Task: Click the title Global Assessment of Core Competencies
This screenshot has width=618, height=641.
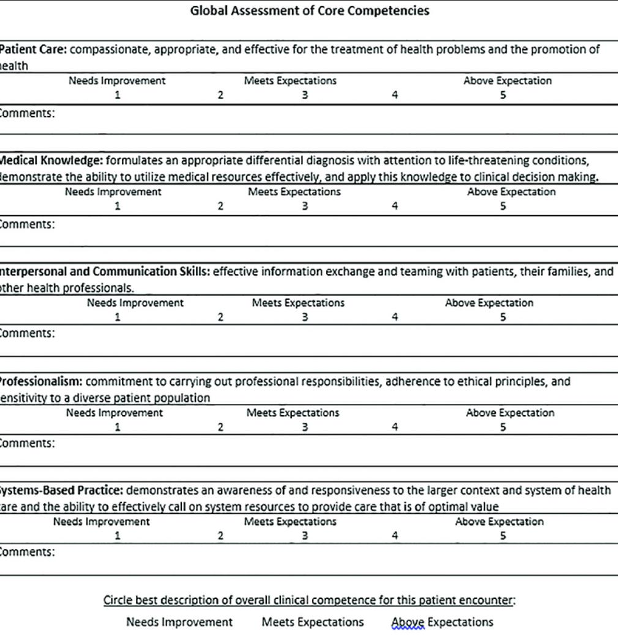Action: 309,11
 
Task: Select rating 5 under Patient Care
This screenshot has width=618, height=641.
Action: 503,95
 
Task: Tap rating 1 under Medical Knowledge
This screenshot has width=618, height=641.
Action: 118,206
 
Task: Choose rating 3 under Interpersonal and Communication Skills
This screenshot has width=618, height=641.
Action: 305,317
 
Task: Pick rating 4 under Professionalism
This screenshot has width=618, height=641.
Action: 395,427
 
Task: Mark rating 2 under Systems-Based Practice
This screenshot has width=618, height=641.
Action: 220,535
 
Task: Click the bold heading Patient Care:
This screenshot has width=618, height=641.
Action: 33,49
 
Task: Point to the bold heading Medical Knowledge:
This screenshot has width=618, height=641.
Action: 51,160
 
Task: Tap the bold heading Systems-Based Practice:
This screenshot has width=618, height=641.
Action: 61,490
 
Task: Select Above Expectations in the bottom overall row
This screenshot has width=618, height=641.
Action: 442,622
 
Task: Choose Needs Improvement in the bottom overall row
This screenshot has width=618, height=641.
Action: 179,622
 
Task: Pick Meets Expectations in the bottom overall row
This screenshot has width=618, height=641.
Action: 313,622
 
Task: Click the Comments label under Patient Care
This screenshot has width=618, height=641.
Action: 27,113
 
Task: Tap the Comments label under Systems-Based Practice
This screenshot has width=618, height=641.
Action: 27,552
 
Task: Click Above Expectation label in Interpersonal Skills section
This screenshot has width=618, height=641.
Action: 489,303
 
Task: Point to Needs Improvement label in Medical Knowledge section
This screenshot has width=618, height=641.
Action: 113,191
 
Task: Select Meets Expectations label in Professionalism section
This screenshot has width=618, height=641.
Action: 293,413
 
